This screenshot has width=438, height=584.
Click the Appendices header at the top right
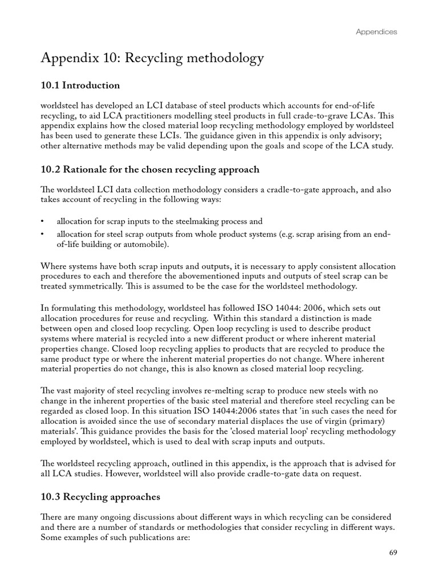(376, 32)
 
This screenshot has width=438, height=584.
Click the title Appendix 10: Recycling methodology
(153, 58)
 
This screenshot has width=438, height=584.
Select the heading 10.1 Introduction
(80, 86)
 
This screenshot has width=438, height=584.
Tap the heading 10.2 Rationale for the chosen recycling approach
(151, 169)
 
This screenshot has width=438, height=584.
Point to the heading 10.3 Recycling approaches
(100, 497)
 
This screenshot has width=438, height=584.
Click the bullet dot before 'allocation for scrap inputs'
(43, 221)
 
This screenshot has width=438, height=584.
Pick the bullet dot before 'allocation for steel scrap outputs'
(43, 234)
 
